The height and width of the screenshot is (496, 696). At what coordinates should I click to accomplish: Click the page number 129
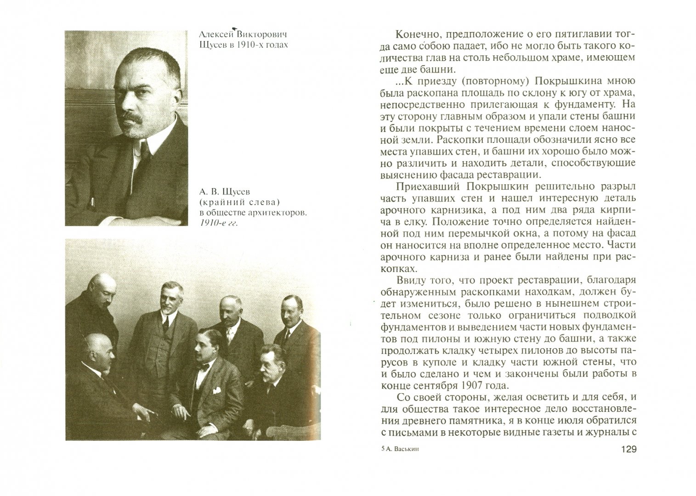627,449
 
